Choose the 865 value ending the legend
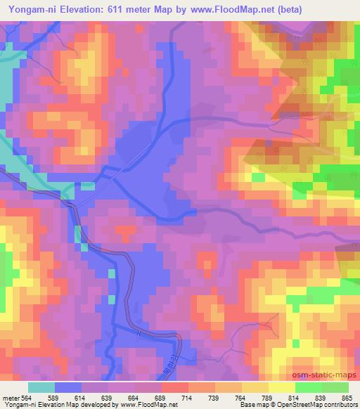click(346, 398)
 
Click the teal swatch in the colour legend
click(41, 387)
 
